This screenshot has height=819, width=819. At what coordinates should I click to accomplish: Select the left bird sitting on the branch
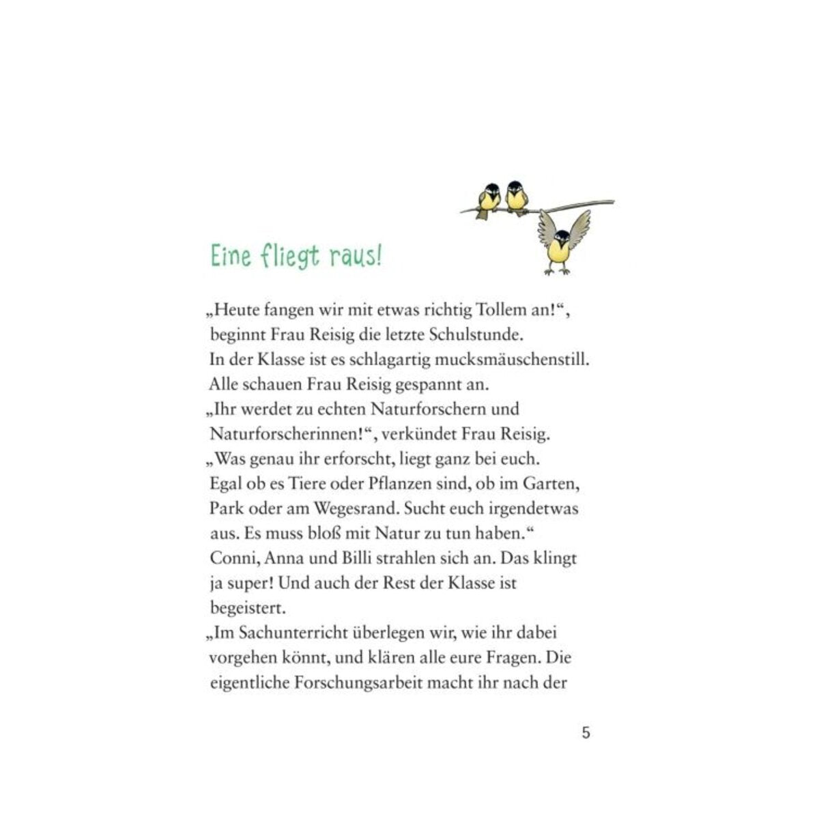488,199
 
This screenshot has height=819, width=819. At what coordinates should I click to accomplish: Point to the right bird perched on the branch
517,197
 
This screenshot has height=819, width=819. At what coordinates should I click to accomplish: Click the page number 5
586,733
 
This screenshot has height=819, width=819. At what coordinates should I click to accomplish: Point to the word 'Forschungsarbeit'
355,682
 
